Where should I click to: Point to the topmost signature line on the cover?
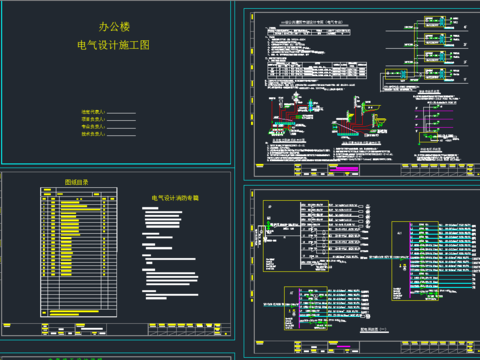[121, 113]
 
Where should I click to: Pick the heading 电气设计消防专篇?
[175, 199]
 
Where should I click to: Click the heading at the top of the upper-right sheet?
[310, 17]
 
